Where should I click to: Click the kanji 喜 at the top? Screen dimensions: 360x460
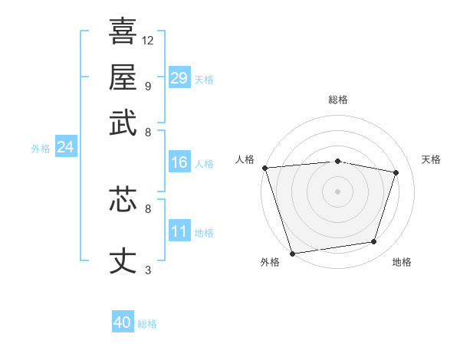(123, 31)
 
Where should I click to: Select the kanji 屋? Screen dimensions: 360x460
(123, 77)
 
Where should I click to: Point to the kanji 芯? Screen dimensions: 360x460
(123, 198)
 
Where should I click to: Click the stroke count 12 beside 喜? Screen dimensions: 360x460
(148, 40)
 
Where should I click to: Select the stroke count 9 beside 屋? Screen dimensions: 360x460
(148, 86)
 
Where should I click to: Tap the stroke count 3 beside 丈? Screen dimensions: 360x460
(148, 270)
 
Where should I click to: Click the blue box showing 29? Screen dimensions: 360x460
(179, 78)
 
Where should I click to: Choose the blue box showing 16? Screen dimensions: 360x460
(179, 162)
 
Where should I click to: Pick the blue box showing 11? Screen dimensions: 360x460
(179, 231)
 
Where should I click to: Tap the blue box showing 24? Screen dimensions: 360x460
(65, 147)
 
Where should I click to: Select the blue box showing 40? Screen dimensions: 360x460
(123, 322)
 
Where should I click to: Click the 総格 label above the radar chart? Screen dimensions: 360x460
(338, 100)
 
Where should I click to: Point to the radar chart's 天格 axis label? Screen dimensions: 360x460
(432, 159)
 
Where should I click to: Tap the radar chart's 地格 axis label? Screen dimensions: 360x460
(402, 263)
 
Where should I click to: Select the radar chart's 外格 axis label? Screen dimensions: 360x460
(270, 263)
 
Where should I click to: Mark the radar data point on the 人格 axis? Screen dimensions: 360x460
(264, 168)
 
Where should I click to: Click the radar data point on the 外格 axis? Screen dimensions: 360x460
(292, 253)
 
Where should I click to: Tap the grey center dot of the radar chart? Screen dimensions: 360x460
(338, 191)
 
